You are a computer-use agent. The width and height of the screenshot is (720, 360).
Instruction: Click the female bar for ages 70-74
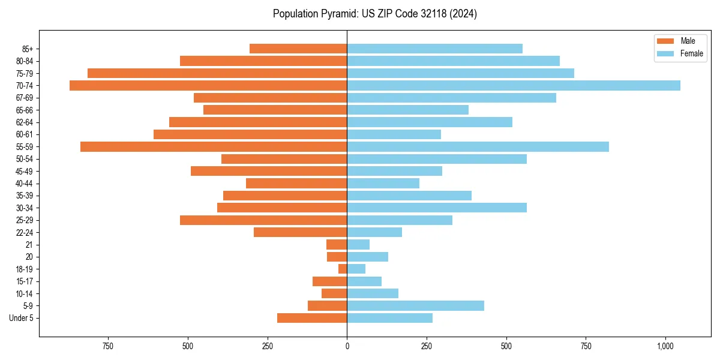click(x=514, y=85)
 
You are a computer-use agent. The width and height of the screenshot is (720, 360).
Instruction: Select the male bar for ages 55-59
click(x=214, y=146)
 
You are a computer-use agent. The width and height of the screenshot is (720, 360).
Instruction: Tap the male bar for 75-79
click(x=217, y=73)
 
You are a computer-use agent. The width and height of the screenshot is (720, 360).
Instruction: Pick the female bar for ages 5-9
click(x=415, y=305)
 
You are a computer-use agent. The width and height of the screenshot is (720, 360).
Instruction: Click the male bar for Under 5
click(x=312, y=318)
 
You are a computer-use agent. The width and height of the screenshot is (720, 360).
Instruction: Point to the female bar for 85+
click(x=434, y=49)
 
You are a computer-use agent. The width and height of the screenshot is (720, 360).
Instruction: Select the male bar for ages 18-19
click(x=343, y=269)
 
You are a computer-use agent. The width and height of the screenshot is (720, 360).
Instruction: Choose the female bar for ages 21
click(x=358, y=244)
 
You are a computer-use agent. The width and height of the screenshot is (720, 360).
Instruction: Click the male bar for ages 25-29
click(x=263, y=220)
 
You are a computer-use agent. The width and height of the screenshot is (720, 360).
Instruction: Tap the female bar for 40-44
click(x=383, y=183)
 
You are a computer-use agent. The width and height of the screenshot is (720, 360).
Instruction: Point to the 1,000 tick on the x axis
click(x=665, y=346)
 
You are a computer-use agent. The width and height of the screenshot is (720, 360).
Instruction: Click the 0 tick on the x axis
click(x=347, y=346)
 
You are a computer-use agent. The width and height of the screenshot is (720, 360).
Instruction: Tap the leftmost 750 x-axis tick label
click(x=108, y=346)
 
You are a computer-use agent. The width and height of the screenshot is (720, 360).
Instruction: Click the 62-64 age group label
click(x=24, y=122)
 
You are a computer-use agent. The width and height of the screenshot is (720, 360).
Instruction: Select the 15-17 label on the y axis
click(x=24, y=281)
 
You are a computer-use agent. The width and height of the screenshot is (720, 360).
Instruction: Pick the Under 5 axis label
click(x=21, y=318)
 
